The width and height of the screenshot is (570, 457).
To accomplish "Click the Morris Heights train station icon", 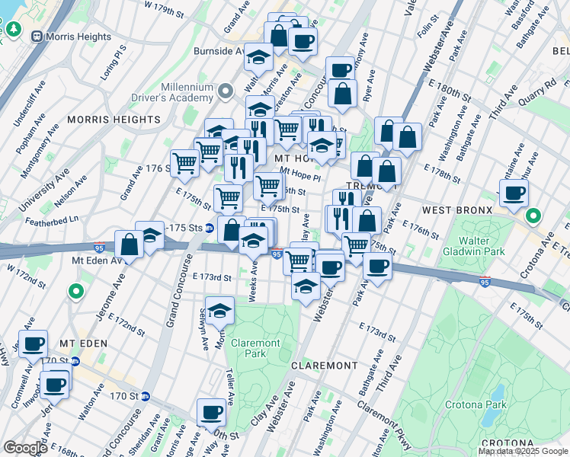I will point(37,36).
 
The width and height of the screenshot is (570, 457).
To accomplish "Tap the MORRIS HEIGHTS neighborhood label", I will point(114,120).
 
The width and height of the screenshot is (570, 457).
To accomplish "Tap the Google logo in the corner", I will point(25,447).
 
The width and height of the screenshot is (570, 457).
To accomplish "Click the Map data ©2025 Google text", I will point(523,451).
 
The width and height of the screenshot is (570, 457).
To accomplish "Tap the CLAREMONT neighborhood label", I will point(325,366).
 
